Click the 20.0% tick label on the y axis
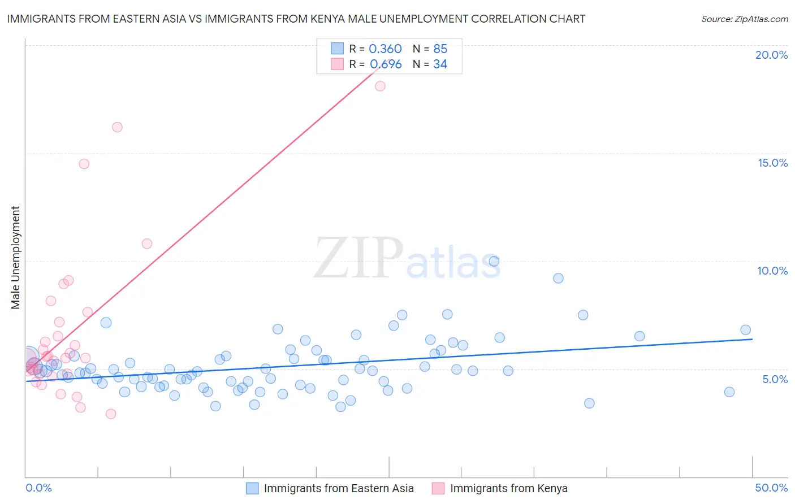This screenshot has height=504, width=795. [x=771, y=55]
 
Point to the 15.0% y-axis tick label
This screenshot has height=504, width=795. [x=772, y=163]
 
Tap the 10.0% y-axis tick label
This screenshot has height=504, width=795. [x=772, y=271]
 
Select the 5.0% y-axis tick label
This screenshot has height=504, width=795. [x=775, y=379]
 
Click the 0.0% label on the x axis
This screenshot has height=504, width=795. [x=38, y=488]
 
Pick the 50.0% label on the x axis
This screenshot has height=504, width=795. [x=771, y=488]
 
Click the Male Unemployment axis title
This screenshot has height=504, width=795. [x=16, y=258]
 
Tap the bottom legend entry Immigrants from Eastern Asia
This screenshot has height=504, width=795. [x=339, y=488]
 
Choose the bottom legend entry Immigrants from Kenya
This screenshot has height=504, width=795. [x=508, y=488]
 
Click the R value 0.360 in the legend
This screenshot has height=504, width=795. [x=385, y=49]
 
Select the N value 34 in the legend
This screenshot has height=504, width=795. [x=440, y=64]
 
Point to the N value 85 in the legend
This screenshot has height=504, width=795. [x=440, y=49]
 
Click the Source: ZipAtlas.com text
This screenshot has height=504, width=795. [x=744, y=19]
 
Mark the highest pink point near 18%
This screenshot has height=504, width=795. [x=380, y=86]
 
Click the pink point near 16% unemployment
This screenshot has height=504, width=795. [x=117, y=127]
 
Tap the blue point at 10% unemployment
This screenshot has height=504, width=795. [x=494, y=261]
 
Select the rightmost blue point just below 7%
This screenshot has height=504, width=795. [x=745, y=330]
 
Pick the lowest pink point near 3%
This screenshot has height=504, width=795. [x=111, y=414]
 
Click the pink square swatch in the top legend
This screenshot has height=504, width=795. [x=337, y=64]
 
